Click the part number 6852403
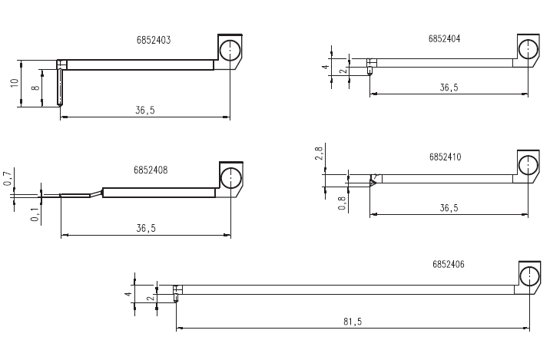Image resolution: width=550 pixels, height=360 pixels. click(154, 40)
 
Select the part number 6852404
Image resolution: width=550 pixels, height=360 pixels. click(444, 38)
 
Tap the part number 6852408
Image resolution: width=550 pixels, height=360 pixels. click(151, 170)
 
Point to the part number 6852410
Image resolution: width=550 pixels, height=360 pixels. click(445, 157)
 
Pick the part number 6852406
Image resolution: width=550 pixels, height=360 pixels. click(449, 264)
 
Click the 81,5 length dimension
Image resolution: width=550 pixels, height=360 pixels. click(353, 322)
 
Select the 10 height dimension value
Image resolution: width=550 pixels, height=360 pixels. click(14, 83)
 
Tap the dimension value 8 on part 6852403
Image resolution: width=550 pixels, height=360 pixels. click(36, 87)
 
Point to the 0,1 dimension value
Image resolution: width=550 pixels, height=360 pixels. click(35, 214)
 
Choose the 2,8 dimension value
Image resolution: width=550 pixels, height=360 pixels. click(319, 154)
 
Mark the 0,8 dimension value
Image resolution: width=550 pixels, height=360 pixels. click(343, 203)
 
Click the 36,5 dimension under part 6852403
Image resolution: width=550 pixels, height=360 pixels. click(145, 110)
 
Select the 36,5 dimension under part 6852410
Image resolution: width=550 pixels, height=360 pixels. click(449, 208)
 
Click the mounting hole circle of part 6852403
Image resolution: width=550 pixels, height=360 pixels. click(230, 51)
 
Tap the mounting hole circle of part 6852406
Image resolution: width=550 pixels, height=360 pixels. click(529, 276)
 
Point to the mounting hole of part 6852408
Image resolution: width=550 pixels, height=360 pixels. click(230, 178)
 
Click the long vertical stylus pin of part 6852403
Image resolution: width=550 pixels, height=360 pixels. click(60, 88)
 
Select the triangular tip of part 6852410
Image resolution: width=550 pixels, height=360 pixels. click(373, 182)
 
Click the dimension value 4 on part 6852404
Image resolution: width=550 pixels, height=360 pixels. click(326, 67)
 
